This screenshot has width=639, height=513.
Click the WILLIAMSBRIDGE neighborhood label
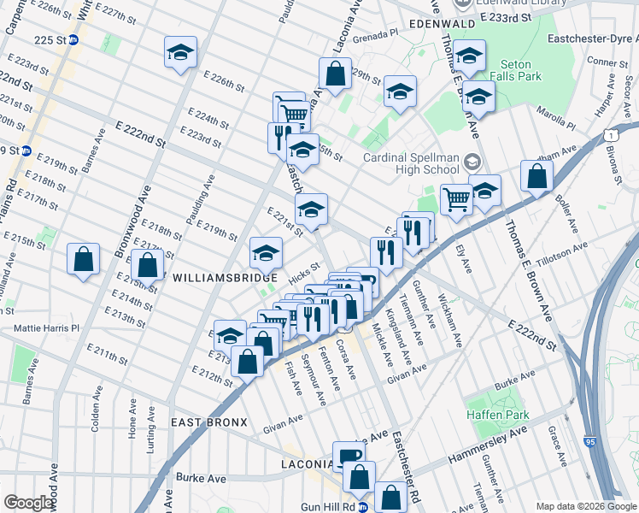tap(225, 278)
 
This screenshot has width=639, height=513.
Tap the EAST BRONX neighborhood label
tap(208, 422)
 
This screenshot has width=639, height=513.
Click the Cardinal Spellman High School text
tap(411, 163)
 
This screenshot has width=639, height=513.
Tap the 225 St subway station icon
tap(74, 39)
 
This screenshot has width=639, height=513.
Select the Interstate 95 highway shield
tap(591, 442)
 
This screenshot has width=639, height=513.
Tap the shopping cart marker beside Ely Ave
tap(456, 199)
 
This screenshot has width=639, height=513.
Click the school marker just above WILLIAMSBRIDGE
tap(266, 252)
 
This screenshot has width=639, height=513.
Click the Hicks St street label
tap(303, 272)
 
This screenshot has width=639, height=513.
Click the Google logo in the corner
tap(29, 503)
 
